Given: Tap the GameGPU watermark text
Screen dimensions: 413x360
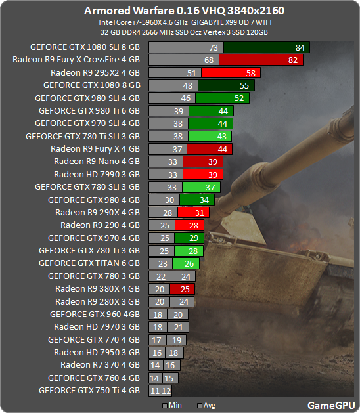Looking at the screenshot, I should (330, 405).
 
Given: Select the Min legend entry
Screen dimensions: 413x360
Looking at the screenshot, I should (172, 405).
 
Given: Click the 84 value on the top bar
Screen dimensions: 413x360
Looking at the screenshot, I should (300, 47).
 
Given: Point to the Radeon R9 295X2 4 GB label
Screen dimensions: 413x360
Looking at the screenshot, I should (95, 72).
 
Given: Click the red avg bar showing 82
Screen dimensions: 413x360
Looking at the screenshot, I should (261, 60).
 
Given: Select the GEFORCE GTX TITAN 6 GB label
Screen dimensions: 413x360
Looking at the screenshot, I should (89, 263).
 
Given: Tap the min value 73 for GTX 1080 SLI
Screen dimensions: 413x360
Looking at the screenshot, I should (213, 47).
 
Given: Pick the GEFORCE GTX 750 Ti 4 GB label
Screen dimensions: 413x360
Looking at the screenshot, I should (89, 390).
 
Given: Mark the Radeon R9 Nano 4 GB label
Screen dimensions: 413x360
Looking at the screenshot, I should (97, 162).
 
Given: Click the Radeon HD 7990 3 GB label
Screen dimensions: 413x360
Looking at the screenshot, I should (97, 174).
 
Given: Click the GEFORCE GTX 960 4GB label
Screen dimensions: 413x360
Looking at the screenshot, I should (95, 314).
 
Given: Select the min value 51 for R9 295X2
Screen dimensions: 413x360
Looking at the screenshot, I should (191, 72).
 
